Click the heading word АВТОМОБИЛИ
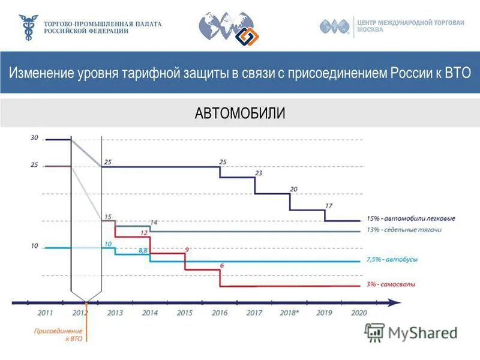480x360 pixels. point(240,113)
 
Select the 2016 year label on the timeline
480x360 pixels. point(220,313)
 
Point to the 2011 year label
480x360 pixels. point(45,313)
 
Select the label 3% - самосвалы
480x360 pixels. point(391,284)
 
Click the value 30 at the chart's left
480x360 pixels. point(34,137)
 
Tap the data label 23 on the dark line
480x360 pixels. point(259,173)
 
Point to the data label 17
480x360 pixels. point(328,206)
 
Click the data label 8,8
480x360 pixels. point(143,250)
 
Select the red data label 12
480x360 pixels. point(144,232)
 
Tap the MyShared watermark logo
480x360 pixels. point(412,332)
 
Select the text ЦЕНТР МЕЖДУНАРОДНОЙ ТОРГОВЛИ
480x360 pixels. point(411,23)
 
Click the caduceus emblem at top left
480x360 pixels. point(28,28)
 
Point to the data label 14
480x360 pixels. point(154,223)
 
